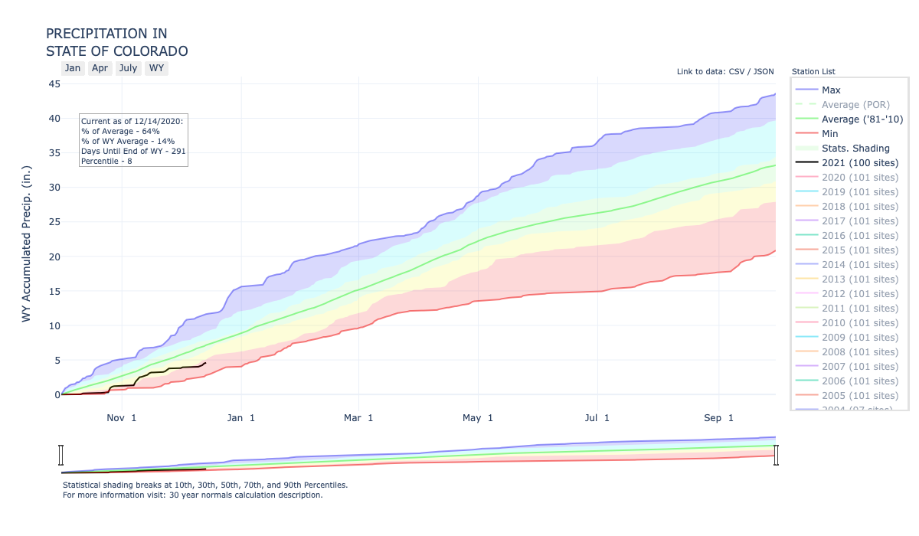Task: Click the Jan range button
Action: click(x=73, y=68)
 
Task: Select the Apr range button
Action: click(x=100, y=68)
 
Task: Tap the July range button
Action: click(x=128, y=68)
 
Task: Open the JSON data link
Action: click(x=764, y=72)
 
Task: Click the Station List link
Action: click(x=813, y=72)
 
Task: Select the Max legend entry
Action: click(x=831, y=90)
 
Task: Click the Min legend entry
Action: click(x=830, y=134)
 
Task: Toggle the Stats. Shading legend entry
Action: click(x=855, y=149)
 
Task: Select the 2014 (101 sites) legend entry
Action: click(x=859, y=265)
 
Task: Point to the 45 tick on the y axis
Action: click(x=55, y=83)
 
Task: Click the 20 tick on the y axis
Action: click(x=55, y=257)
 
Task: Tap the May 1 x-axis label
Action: click(x=479, y=418)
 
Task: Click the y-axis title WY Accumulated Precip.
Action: click(x=27, y=243)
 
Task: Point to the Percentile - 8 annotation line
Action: click(x=106, y=161)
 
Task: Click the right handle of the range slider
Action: click(x=776, y=456)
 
